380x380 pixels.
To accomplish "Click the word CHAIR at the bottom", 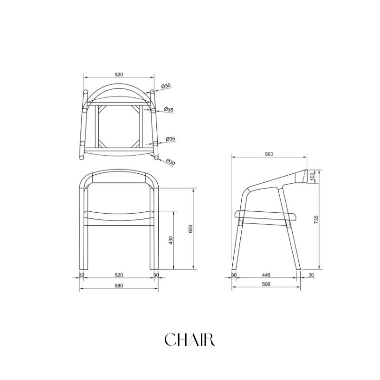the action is tap(190, 340).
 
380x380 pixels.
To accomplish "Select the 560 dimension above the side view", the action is tap(269, 154).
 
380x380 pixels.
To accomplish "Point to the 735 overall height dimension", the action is tap(316, 219).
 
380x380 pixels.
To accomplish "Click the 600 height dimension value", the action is tap(190, 229).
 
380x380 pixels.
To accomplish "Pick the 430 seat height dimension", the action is tap(171, 240).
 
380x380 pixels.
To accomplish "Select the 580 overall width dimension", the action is tap(119, 286).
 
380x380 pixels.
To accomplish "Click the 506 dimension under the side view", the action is tap(266, 284).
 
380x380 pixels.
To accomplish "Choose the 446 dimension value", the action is tap(266, 275).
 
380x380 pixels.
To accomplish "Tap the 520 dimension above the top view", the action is tap(119, 75).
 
